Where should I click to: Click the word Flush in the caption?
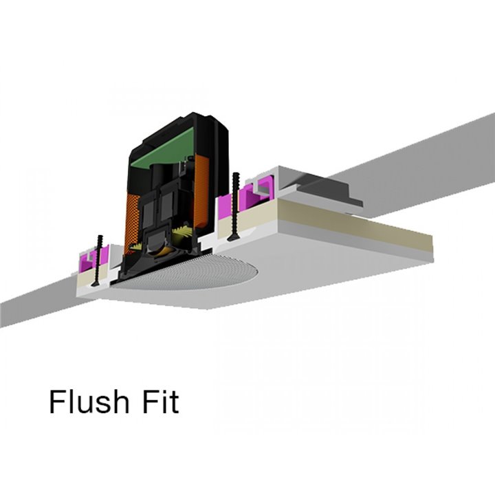pyautogui.click(x=89, y=401)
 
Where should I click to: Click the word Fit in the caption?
pyautogui.click(x=162, y=401)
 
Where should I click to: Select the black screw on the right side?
pyautogui.click(x=235, y=207)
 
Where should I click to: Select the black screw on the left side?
pyautogui.click(x=97, y=261)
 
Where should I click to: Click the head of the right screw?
pyautogui.click(x=234, y=239)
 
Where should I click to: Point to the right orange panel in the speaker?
pyautogui.click(x=201, y=191)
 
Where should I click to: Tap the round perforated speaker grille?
pyautogui.click(x=190, y=272)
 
